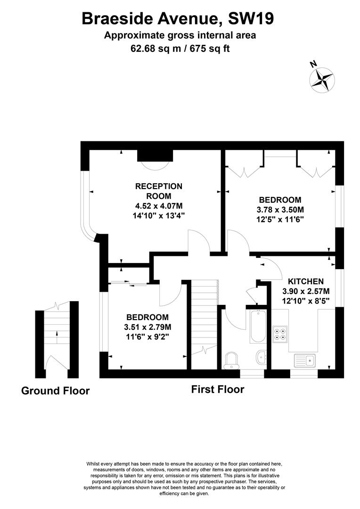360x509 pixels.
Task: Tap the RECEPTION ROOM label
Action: click(159, 191)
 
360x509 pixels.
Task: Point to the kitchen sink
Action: click(305, 361)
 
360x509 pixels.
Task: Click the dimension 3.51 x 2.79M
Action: click(147, 327)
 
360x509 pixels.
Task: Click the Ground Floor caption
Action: click(55, 391)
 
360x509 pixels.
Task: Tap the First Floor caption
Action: click(218, 389)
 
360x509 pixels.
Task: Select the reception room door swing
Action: click(198, 241)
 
